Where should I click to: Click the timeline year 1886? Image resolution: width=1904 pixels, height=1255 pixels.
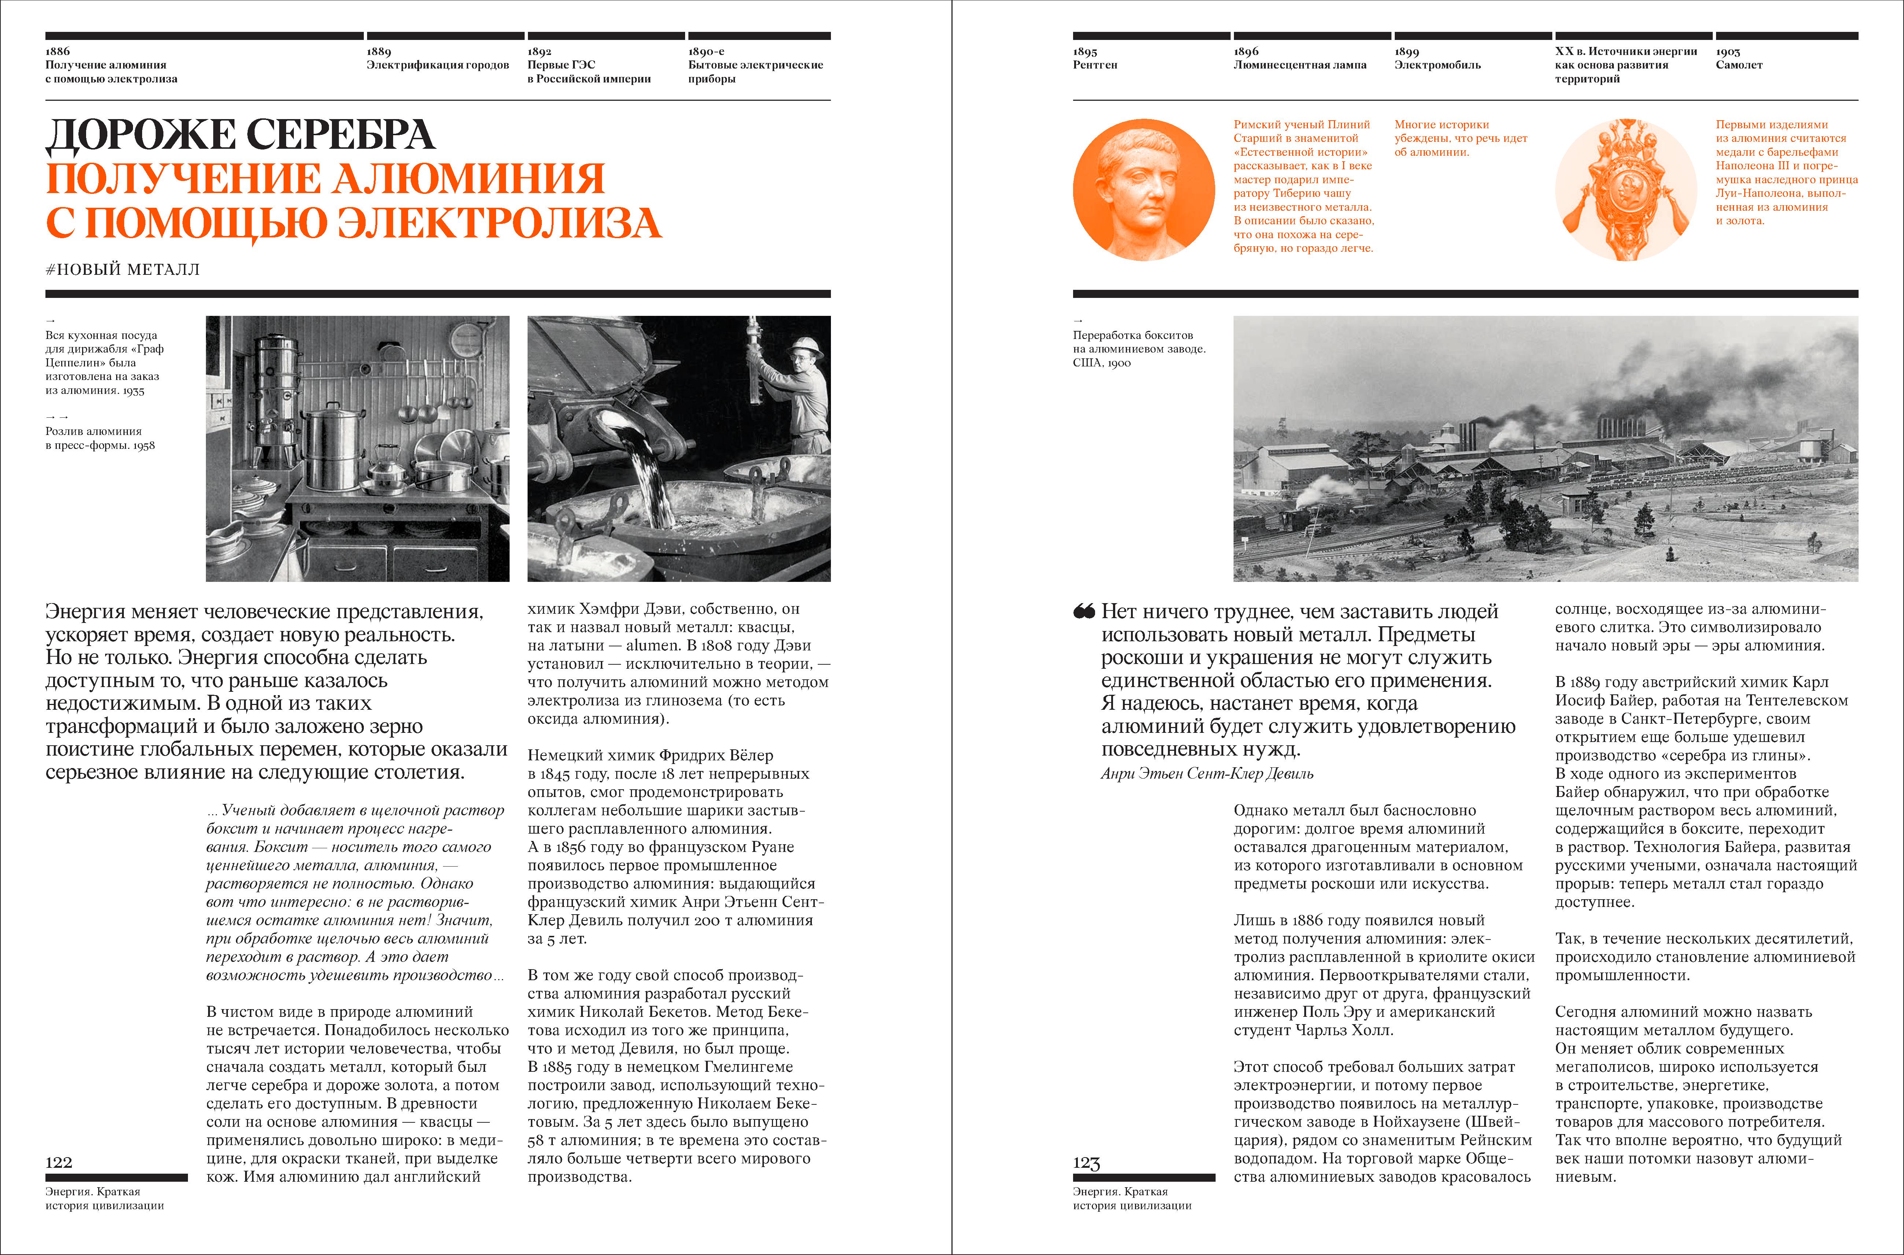(58, 51)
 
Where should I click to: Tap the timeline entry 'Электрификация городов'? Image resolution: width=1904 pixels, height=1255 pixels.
(438, 65)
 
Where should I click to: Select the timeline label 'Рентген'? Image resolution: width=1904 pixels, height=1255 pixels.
(1095, 65)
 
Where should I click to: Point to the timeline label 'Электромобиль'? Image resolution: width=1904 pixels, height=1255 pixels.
(1437, 65)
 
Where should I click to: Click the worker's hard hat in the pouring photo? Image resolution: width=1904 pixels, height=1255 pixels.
(805, 347)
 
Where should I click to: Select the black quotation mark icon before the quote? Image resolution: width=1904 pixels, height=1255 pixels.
(1084, 612)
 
